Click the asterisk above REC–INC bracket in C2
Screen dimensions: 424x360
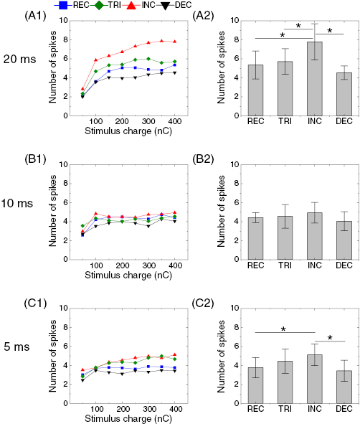pos(284,330)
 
